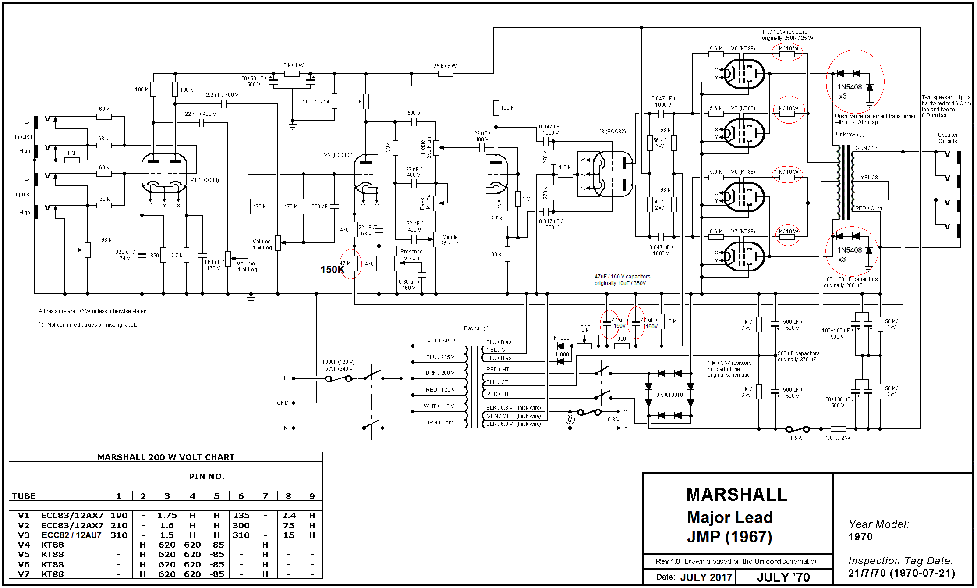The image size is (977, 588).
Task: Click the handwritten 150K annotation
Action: [332, 270]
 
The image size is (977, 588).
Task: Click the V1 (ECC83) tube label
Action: [205, 180]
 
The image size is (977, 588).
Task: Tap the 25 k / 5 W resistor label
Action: [445, 66]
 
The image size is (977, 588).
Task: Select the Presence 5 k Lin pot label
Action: [411, 255]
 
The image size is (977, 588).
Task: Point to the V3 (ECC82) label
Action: [611, 132]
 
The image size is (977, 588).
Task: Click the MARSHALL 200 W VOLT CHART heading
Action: [166, 457]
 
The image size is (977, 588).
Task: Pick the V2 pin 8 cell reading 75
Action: [288, 525]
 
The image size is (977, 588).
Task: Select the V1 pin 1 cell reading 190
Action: [119, 516]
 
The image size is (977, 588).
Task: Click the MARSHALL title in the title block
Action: [736, 495]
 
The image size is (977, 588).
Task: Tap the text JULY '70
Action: [783, 577]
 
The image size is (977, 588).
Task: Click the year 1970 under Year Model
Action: [860, 537]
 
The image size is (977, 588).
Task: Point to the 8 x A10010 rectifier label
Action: [669, 395]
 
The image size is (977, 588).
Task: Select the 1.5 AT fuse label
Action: [797, 438]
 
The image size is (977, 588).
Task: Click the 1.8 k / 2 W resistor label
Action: [837, 438]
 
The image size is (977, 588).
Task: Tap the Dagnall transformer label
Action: [476, 328]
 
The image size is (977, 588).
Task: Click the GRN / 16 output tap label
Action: [866, 148]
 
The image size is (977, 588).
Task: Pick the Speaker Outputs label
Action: [947, 138]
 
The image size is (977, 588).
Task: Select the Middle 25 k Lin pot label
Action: [450, 240]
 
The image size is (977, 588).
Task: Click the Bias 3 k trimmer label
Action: [585, 327]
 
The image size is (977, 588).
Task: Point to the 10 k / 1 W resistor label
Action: [292, 65]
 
